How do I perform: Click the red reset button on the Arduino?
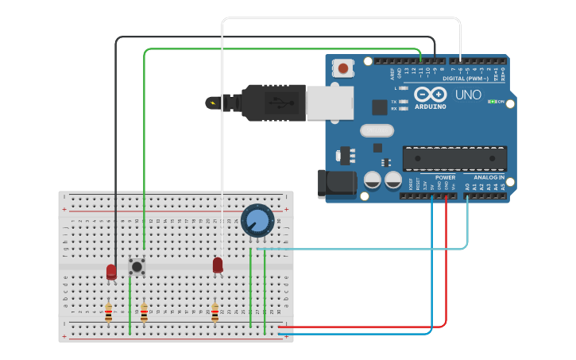[343, 68]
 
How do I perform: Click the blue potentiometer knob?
[257, 220]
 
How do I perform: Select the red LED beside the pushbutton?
[111, 272]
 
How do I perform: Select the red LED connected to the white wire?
[218, 265]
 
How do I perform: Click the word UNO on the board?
[468, 95]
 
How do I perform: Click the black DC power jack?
[334, 184]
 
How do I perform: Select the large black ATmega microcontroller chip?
[454, 158]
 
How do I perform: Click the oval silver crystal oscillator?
[377, 130]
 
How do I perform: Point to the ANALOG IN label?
[489, 177]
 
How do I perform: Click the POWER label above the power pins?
[434, 177]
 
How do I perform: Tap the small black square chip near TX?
[380, 106]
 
